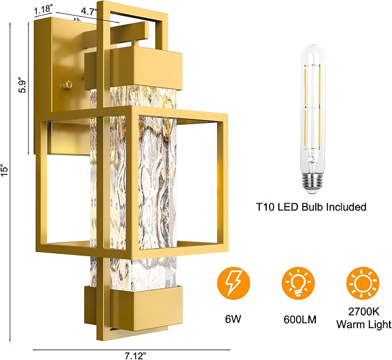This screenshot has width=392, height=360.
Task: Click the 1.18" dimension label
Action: (x=43, y=10)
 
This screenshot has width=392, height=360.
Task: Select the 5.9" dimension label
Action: (x=23, y=87)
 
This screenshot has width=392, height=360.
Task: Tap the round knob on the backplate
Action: (x=68, y=84)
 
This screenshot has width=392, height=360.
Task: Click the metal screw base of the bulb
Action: (x=312, y=181)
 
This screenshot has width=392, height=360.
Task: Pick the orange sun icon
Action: (x=363, y=284)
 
